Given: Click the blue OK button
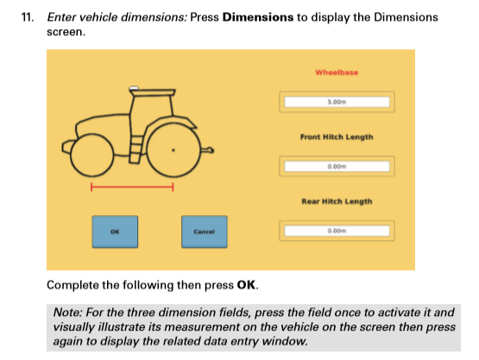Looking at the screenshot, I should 114,231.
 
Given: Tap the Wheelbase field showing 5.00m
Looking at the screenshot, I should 337,103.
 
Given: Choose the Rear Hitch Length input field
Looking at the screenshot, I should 337,231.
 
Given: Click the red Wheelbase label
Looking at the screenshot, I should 337,73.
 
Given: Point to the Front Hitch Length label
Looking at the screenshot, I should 337,137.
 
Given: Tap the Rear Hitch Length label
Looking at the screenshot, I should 337,201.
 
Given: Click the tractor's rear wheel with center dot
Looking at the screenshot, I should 174,148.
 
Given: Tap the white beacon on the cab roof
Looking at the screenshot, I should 135,87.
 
